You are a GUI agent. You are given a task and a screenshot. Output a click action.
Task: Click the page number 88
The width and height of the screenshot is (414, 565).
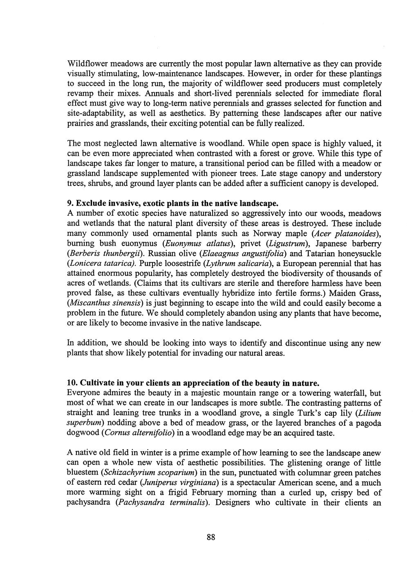[x=210, y=538]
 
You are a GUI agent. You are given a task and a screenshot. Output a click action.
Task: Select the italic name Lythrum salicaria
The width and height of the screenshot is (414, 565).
[x=235, y=263]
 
